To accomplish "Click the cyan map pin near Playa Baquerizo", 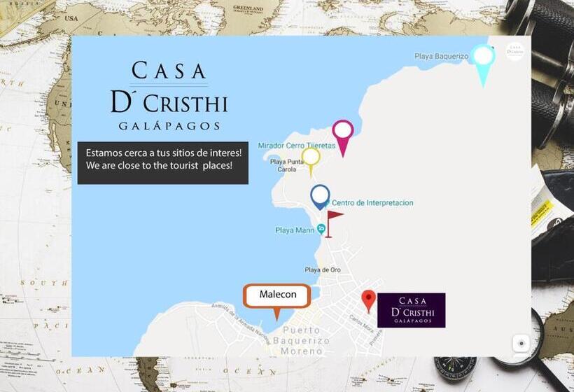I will [x=482, y=58].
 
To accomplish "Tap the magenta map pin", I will [x=343, y=133].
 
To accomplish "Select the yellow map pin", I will [x=311, y=158].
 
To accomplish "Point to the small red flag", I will [x=333, y=218].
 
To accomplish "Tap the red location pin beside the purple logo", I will [x=368, y=300].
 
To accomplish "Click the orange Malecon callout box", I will [x=277, y=295].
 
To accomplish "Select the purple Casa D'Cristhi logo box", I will [x=411, y=310].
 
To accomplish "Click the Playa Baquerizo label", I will [x=441, y=56].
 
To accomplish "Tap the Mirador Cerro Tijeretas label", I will [x=296, y=146].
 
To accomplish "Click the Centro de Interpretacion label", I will [x=372, y=203].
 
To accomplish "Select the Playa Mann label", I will [x=294, y=230].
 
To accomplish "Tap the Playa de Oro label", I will [x=323, y=269].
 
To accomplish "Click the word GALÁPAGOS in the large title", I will [x=169, y=126].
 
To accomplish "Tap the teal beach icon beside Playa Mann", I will [x=321, y=229].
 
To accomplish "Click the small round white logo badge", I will [x=515, y=51].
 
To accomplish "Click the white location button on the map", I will [x=521, y=344].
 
